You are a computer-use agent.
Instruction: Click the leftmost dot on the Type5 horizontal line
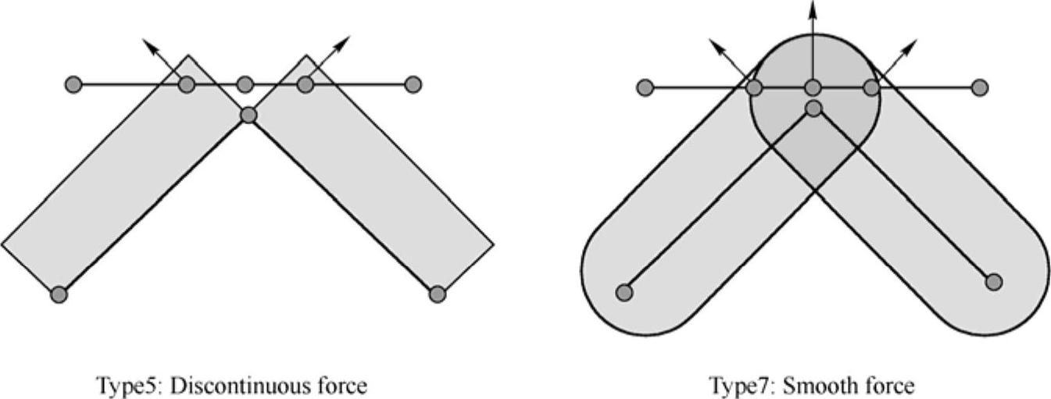[x=73, y=84]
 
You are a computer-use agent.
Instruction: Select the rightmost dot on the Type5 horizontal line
[x=414, y=84]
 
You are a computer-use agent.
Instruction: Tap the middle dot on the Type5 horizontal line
[x=245, y=84]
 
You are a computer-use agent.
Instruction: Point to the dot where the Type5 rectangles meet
[x=248, y=116]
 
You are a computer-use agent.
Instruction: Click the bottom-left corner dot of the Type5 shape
[x=59, y=294]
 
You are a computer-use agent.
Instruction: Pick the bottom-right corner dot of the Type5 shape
[x=438, y=294]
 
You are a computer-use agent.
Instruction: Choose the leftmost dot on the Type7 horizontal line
[x=645, y=87]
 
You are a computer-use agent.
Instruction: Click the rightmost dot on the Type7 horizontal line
[x=980, y=87]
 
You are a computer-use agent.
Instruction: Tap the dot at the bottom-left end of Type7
[x=624, y=292]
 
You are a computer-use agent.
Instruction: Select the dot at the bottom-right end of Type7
[x=993, y=281]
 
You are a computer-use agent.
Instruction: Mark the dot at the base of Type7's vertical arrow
[x=813, y=87]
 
